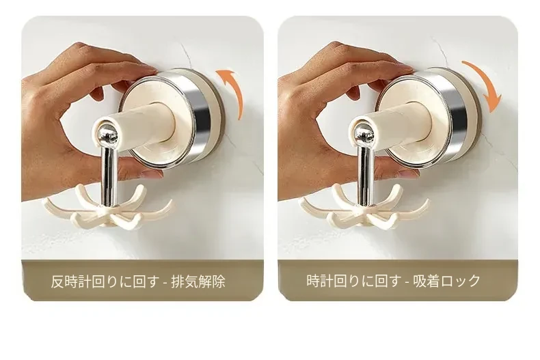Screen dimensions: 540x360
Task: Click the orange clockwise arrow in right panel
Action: pyautogui.click(x=488, y=81)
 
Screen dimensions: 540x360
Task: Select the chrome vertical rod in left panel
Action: pyautogui.click(x=109, y=174)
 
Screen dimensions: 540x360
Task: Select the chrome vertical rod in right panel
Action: pyautogui.click(x=364, y=174)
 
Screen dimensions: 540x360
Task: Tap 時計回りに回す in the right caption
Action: pyautogui.click(x=353, y=281)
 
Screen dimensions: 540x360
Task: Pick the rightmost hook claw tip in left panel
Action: pyautogui.click(x=171, y=202)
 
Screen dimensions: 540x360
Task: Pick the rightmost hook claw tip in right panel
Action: pyautogui.click(x=427, y=202)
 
